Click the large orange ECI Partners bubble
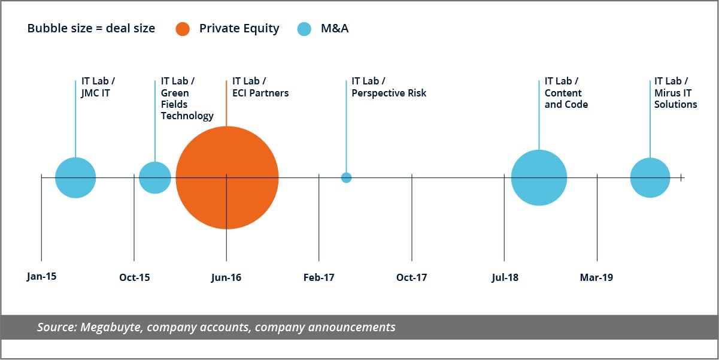click(227, 178)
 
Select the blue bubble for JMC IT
click(75, 178)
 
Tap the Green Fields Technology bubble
click(155, 178)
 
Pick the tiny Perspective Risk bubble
click(346, 177)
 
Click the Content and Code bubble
click(539, 178)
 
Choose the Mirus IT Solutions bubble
click(650, 178)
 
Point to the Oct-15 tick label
click(135, 277)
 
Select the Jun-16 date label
click(226, 277)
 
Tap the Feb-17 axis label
click(319, 277)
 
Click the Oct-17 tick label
click(412, 277)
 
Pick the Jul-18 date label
click(505, 277)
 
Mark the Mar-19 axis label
click(596, 277)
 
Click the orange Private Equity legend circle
click(183, 29)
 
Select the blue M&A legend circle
click(304, 29)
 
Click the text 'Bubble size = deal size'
click(91, 29)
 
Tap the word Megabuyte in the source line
click(107, 327)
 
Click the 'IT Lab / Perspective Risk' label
click(389, 87)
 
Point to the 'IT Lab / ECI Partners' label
click(260, 87)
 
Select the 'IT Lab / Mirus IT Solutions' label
click(675, 93)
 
